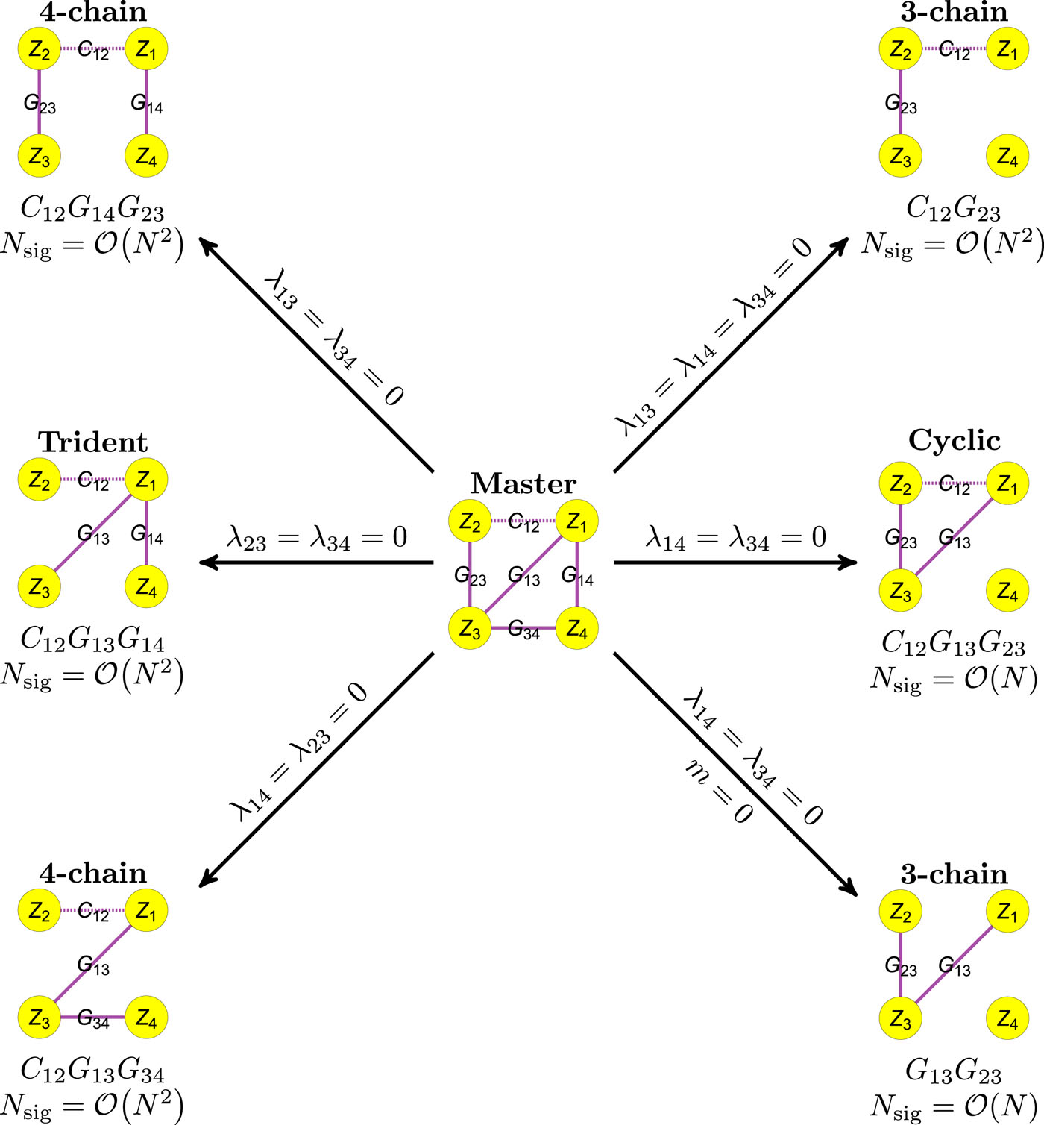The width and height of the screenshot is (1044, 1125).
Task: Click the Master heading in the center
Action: (x=523, y=483)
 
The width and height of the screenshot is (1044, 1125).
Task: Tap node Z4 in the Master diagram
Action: (x=576, y=628)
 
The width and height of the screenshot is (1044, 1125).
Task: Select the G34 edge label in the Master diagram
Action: (x=523, y=630)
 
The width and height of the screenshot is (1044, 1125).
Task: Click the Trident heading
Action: (x=93, y=442)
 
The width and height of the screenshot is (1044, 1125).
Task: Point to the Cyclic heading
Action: (x=954, y=440)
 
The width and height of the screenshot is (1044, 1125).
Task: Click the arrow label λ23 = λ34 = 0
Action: (x=318, y=537)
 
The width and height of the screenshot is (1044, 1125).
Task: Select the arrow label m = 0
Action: (x=719, y=792)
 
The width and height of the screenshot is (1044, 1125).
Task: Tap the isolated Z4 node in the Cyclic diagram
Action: (x=1007, y=590)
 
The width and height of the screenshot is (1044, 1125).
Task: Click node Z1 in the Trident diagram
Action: (x=146, y=480)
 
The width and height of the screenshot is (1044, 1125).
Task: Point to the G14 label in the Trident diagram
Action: (x=147, y=535)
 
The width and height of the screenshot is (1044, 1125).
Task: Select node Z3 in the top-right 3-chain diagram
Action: (x=901, y=157)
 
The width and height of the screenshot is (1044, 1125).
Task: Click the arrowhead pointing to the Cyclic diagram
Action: (x=848, y=562)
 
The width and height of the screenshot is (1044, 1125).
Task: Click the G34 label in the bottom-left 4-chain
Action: (x=93, y=1019)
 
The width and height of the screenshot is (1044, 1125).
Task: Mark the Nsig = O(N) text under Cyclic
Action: (x=954, y=678)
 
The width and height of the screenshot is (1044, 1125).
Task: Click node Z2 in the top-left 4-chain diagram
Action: (x=40, y=49)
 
